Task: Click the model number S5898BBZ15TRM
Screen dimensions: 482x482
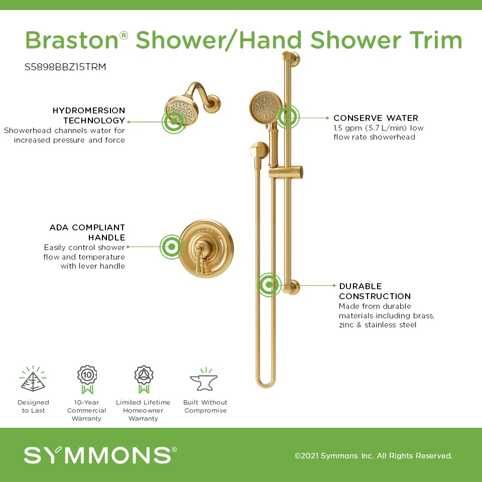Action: click(x=65, y=67)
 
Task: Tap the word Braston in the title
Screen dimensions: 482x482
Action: click(x=72, y=40)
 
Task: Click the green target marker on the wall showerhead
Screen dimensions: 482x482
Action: click(x=174, y=122)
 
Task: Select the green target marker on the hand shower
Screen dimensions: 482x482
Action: click(x=288, y=116)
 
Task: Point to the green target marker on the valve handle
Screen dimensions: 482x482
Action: click(x=172, y=247)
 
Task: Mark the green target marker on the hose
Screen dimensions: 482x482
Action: click(x=269, y=285)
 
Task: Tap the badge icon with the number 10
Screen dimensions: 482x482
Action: click(x=87, y=380)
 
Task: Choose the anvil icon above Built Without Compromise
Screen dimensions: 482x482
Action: click(x=204, y=380)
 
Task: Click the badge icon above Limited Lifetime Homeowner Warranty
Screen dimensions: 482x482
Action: click(x=144, y=380)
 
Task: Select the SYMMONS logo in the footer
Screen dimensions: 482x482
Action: click(x=100, y=455)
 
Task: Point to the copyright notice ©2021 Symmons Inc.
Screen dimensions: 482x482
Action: click(x=374, y=455)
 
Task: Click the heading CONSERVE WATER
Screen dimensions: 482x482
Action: click(x=376, y=118)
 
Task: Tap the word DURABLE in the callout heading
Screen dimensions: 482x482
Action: click(x=360, y=286)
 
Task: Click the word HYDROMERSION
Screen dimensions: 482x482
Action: click(x=88, y=110)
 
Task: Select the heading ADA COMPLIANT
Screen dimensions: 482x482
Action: click(x=87, y=227)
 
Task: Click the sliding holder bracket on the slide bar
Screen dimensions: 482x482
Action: click(x=286, y=172)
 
